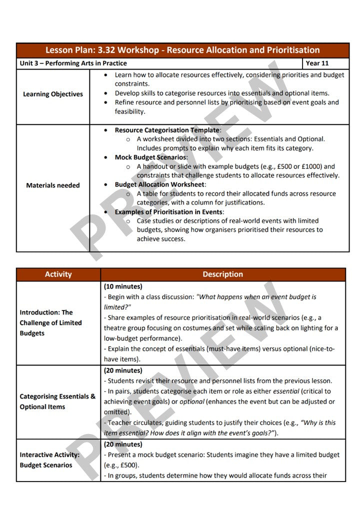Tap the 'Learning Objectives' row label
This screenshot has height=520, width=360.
click(x=53, y=94)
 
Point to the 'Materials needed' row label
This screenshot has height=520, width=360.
click(x=53, y=185)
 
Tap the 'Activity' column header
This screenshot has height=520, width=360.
click(x=58, y=274)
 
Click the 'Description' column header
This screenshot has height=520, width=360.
click(x=222, y=274)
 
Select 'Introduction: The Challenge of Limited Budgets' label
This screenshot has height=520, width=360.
click(x=50, y=322)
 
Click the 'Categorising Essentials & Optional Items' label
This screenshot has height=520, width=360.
click(x=57, y=401)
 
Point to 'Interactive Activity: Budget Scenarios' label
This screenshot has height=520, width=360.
click(x=49, y=460)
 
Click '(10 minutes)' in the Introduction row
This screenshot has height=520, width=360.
click(x=123, y=286)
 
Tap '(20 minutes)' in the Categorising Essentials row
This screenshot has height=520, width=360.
click(x=123, y=370)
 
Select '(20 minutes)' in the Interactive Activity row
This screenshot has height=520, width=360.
click(x=123, y=444)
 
